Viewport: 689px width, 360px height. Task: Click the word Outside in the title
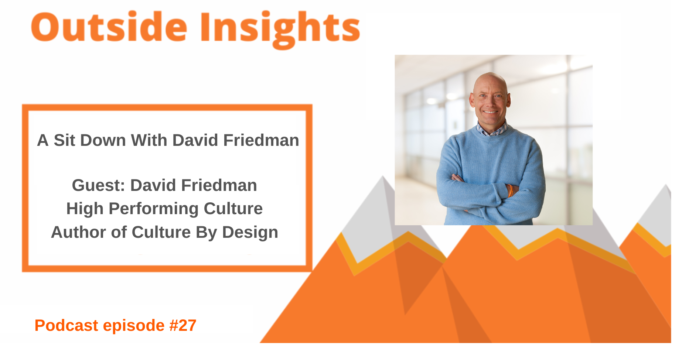(109, 28)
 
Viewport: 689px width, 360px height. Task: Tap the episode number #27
(183, 325)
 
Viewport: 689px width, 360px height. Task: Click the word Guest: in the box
(98, 185)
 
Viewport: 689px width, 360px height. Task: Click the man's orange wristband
(510, 191)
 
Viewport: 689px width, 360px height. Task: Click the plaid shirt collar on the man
(491, 130)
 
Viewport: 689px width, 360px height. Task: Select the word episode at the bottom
(133, 325)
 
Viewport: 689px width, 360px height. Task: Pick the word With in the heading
(150, 140)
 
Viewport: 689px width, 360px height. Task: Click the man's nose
(490, 102)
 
